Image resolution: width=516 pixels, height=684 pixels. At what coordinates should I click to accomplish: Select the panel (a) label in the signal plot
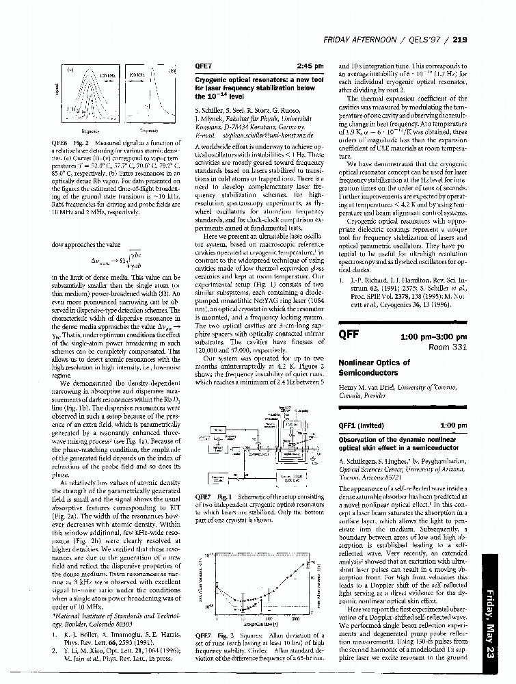[69, 70]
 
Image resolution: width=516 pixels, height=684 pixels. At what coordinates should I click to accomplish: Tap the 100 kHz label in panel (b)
[133, 73]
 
